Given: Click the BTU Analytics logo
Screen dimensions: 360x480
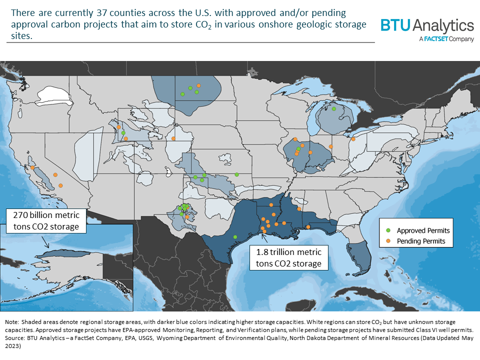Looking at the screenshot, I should point(427,25).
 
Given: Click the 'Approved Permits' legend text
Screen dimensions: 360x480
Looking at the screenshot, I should point(423,231).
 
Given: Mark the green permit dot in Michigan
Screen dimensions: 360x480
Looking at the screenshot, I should point(333,108).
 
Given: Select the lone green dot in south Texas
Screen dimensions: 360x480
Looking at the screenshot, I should point(235,236).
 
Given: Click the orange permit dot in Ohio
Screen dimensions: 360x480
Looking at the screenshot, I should point(353,140).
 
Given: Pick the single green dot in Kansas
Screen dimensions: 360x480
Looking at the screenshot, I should point(236,174).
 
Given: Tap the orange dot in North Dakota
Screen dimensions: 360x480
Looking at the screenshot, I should point(198,85).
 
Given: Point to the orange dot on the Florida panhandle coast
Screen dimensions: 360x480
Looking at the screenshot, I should point(308,227).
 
